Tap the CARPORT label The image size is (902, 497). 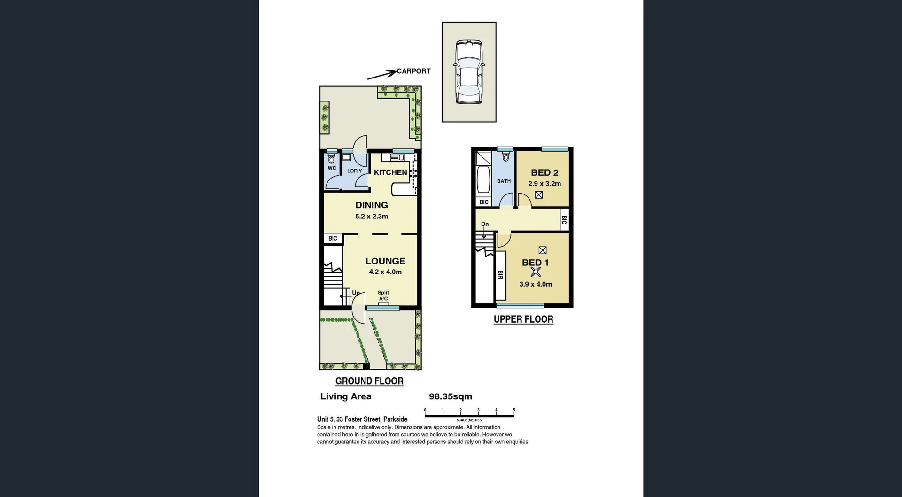(413, 71)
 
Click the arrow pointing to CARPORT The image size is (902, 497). (381, 75)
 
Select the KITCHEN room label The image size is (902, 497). (390, 172)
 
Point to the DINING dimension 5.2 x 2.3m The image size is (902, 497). (371, 217)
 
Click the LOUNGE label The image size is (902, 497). (385, 261)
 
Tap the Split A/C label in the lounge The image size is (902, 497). (383, 295)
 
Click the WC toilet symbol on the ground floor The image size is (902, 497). (332, 159)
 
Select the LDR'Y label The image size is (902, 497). (354, 171)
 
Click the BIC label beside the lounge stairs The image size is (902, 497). (333, 238)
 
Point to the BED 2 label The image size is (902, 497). (544, 172)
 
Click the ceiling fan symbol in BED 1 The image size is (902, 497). (535, 272)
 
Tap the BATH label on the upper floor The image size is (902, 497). (504, 181)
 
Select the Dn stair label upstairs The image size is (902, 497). (485, 224)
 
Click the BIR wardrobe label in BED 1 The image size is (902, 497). (500, 275)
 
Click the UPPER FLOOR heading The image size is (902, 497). (523, 319)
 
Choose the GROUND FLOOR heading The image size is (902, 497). (369, 381)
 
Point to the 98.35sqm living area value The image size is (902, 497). (450, 396)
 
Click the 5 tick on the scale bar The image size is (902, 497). (514, 410)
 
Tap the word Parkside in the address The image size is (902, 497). (395, 419)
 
